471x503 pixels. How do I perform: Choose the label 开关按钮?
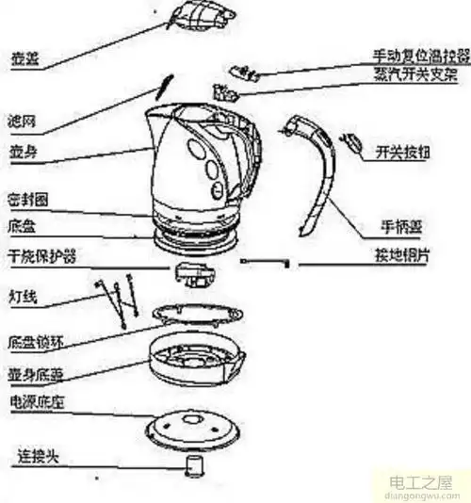(x=404, y=151)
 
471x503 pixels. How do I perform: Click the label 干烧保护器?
(x=41, y=257)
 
